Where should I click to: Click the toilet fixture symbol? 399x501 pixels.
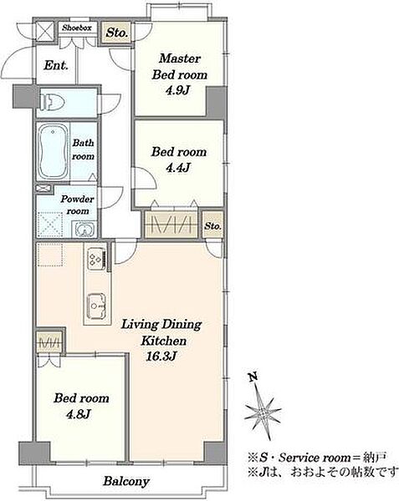point(53,102)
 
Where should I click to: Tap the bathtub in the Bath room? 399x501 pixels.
point(53,152)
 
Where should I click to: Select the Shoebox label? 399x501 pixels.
point(77,28)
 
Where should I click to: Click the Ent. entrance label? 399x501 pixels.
point(56,65)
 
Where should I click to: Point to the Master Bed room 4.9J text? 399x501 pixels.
point(180,74)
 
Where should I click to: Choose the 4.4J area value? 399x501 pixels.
point(178,168)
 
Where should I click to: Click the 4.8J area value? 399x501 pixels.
point(79,414)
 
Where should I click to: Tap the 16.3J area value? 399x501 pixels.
point(161,356)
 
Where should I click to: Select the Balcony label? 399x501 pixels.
point(126,481)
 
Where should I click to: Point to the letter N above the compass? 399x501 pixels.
point(253,377)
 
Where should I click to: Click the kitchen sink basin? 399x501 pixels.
point(96,306)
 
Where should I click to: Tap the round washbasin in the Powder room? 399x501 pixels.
point(84,229)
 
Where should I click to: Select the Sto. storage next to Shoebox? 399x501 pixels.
point(117,33)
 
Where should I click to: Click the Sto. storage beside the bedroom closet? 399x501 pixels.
point(212,226)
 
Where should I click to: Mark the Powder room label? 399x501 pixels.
point(77,205)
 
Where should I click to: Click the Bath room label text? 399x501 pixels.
point(83,149)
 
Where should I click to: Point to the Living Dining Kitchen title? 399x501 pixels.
point(161,332)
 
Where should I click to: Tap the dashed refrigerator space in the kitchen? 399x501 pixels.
point(50,255)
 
